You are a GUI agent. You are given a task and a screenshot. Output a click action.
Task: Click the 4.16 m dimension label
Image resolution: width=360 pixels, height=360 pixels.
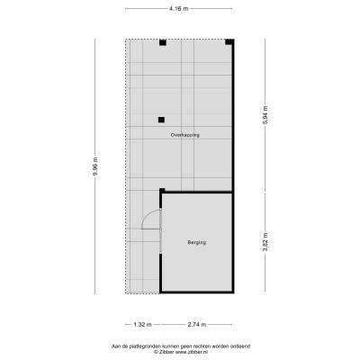click(x=179, y=9)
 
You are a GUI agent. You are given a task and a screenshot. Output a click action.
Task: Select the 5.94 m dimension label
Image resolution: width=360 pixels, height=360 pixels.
click(x=265, y=116)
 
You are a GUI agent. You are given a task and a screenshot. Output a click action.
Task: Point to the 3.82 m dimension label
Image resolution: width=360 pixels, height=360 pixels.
click(x=265, y=242)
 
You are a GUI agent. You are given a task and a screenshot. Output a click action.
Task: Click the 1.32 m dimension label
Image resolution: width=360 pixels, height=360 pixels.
click(x=142, y=324)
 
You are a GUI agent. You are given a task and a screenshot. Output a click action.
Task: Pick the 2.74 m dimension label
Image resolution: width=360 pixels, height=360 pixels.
click(x=197, y=324)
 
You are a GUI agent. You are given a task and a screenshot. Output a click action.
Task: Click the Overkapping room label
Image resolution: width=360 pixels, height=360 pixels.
click(x=185, y=135)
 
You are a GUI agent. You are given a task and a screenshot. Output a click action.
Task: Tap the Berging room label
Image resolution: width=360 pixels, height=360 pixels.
click(x=197, y=242)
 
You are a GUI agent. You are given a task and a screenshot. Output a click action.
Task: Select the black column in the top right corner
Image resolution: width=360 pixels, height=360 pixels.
click(x=229, y=42)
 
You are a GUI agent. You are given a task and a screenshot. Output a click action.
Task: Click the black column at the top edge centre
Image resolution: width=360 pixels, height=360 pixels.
click(x=163, y=42)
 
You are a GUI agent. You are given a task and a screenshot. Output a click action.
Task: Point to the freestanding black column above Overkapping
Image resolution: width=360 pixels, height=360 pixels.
click(x=161, y=120)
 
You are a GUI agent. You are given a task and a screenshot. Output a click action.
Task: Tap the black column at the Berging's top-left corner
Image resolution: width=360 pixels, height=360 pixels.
click(x=162, y=191)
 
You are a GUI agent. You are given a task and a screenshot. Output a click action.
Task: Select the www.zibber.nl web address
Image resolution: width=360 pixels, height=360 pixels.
click(x=193, y=352)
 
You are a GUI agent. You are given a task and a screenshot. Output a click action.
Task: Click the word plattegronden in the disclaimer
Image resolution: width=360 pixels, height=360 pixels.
click(x=142, y=346)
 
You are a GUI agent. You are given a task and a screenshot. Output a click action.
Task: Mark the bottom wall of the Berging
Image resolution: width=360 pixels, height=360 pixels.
click(x=197, y=292)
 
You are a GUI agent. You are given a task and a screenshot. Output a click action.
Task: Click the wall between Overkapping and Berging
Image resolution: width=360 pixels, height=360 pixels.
click(x=197, y=192)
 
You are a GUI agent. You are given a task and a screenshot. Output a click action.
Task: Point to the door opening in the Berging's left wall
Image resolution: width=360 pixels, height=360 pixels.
click(x=161, y=231)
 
